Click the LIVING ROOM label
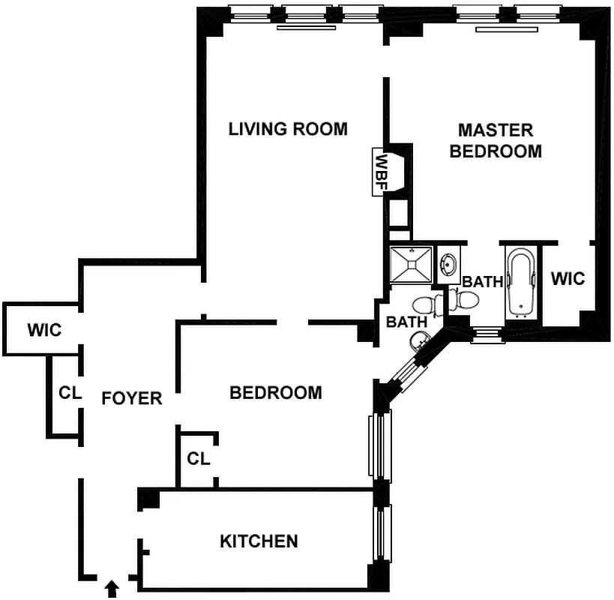(288, 129)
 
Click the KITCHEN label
(259, 541)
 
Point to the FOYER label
(132, 397)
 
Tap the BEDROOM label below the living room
(275, 392)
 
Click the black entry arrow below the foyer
(112, 588)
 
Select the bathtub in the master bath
(520, 282)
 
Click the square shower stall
(412, 264)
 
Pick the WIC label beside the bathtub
(568, 278)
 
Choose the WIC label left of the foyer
(44, 329)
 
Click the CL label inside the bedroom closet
(198, 457)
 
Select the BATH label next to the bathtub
(482, 282)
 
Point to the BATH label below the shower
(406, 322)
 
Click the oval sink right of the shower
(449, 265)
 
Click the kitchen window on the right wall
(381, 533)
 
